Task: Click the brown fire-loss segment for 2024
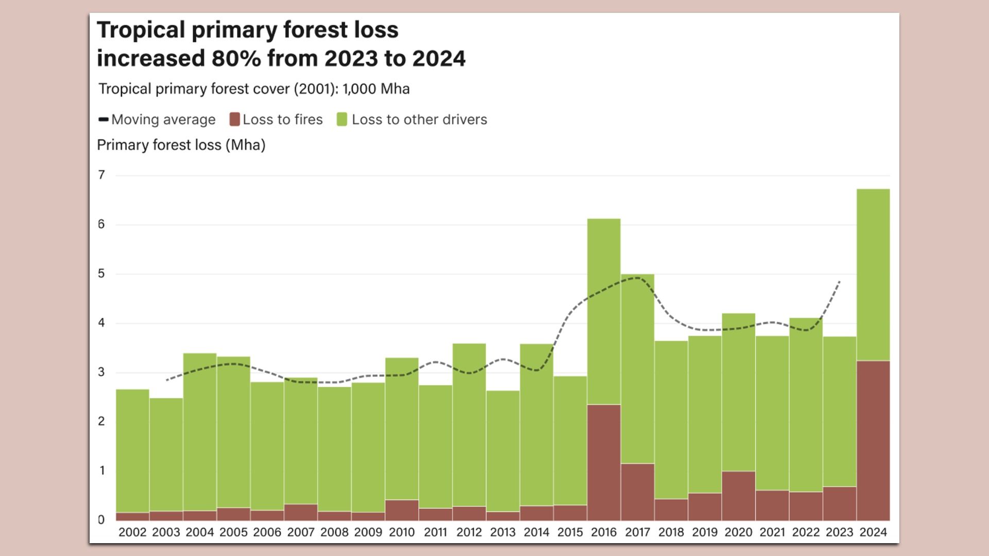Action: (x=873, y=440)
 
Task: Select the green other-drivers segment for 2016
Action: (x=604, y=311)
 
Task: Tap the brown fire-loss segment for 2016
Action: (x=604, y=462)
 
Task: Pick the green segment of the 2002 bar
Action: (x=132, y=450)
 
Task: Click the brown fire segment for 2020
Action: (x=738, y=495)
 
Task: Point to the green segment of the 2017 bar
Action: (x=637, y=368)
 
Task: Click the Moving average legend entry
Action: (x=157, y=119)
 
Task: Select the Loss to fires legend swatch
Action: (x=235, y=119)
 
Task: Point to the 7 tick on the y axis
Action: (x=101, y=175)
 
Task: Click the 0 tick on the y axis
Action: (x=101, y=519)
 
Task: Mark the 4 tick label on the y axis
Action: (x=101, y=323)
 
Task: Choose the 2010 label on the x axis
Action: (x=402, y=532)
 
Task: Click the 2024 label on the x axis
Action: (x=873, y=532)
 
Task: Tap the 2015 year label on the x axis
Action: (x=570, y=532)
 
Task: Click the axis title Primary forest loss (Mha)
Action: (x=181, y=145)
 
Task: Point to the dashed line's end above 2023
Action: (x=840, y=281)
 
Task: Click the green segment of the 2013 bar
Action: (x=503, y=450)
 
